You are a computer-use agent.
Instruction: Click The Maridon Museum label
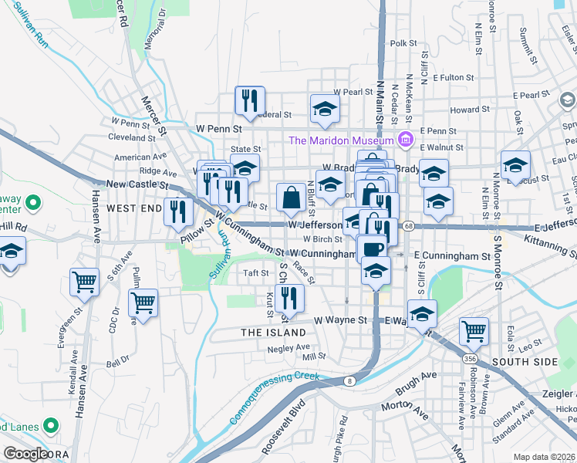[x=340, y=140]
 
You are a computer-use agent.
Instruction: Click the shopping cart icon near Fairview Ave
[x=474, y=332]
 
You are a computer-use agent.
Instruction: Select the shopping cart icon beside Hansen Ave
[x=84, y=282]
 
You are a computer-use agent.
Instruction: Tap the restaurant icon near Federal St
[x=250, y=100]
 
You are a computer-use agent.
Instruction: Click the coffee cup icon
[x=372, y=249]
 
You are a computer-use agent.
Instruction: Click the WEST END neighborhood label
[x=134, y=208]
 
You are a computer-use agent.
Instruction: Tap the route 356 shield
[x=469, y=359]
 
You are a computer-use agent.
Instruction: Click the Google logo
[x=25, y=454]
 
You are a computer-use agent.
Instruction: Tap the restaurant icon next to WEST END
[x=178, y=211]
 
